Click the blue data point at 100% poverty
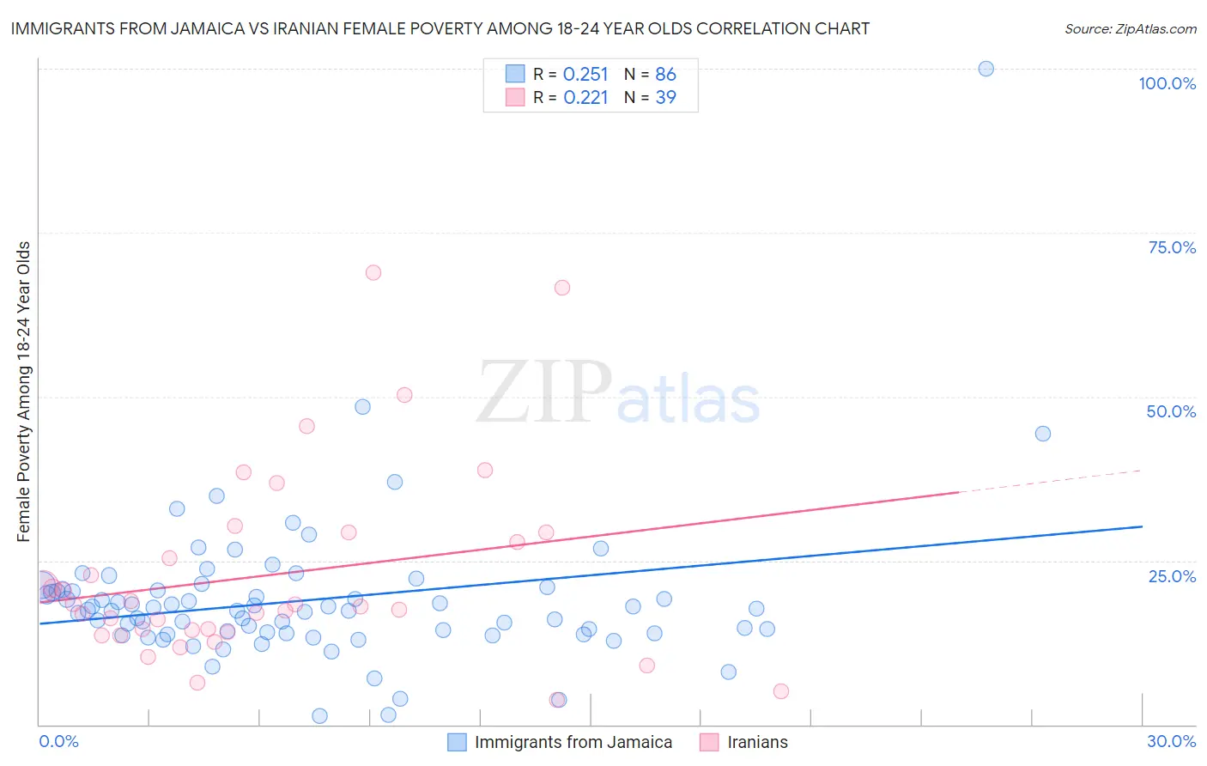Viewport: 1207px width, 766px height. tap(986, 69)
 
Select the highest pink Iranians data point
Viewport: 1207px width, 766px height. tap(373, 272)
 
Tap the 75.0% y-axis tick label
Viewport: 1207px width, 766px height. tap(1171, 247)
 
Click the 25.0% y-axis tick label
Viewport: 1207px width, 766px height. tap(1171, 576)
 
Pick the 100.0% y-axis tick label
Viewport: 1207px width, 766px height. tap(1167, 83)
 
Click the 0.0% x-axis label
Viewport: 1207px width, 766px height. tap(58, 741)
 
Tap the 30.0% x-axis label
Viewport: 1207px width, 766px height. tap(1171, 741)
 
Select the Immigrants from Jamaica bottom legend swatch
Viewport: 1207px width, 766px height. tap(458, 742)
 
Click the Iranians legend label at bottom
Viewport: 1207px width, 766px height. tap(756, 742)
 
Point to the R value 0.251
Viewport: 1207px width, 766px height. tap(585, 75)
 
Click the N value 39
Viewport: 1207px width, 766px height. tap(665, 98)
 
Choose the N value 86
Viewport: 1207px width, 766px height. tap(665, 75)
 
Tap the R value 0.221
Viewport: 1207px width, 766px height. tap(585, 98)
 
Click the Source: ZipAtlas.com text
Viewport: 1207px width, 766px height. tap(1130, 29)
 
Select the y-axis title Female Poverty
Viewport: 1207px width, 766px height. tap(24, 391)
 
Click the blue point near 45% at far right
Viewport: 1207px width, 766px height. tap(1042, 434)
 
